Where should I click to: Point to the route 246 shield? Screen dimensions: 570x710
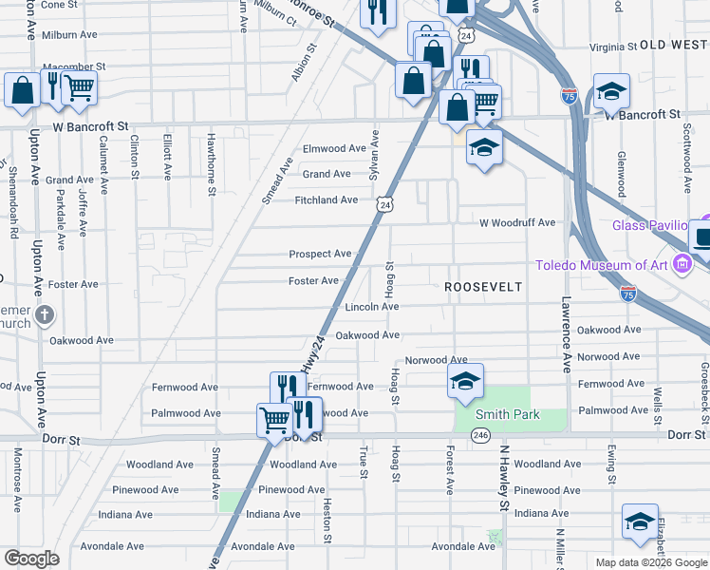pyautogui.click(x=480, y=435)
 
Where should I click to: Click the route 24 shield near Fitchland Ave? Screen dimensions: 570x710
pyautogui.click(x=383, y=204)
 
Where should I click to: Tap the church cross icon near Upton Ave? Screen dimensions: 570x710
pyautogui.click(x=44, y=314)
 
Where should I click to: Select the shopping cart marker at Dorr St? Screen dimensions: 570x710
pyautogui.click(x=274, y=418)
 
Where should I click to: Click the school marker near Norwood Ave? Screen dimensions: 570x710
pyautogui.click(x=465, y=381)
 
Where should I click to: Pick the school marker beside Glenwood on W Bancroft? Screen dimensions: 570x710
pyautogui.click(x=612, y=91)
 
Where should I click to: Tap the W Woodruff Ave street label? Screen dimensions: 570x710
pyautogui.click(x=517, y=222)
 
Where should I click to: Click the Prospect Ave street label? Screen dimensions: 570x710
pyautogui.click(x=321, y=254)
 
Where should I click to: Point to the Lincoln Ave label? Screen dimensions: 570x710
pyautogui.click(x=371, y=307)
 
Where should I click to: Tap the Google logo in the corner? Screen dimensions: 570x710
pyautogui.click(x=32, y=559)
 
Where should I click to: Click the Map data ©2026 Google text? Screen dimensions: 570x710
pyautogui.click(x=651, y=562)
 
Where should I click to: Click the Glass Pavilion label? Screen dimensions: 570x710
pyautogui.click(x=649, y=225)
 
